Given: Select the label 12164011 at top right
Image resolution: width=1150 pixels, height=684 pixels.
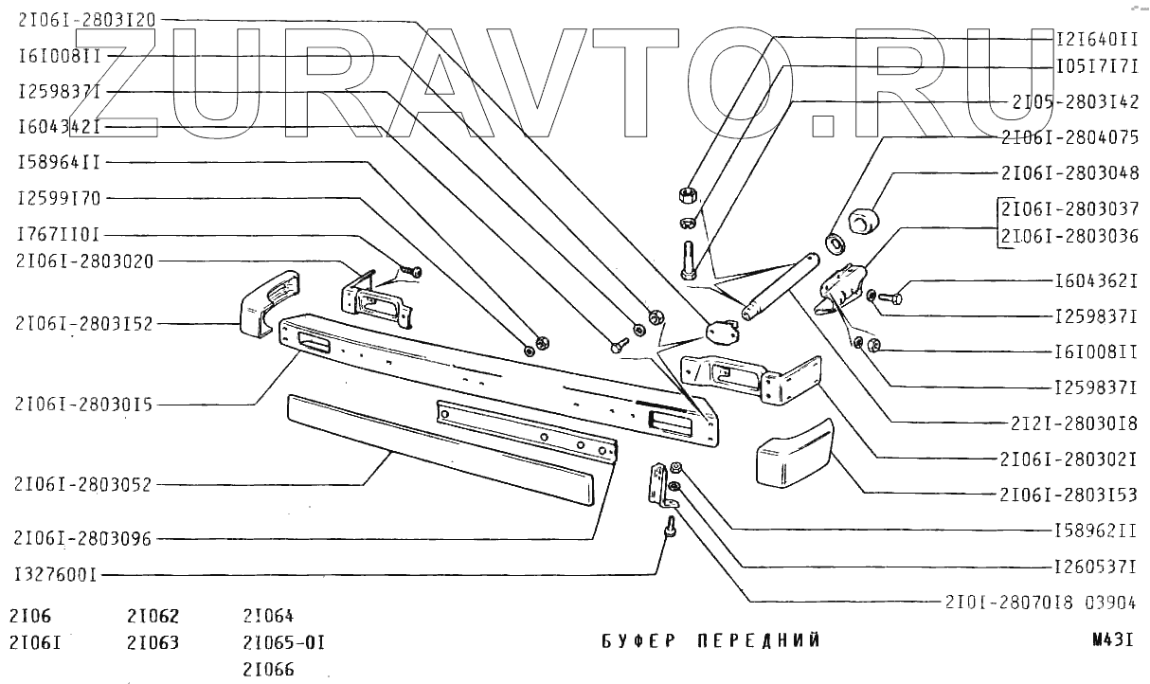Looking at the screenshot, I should coord(1097,39).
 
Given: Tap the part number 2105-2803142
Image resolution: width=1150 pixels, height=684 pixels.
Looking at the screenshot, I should coord(1074,100).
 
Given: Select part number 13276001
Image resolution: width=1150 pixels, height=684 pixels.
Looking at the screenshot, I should coord(57,574).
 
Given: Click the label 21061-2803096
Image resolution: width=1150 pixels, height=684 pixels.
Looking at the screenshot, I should coord(83,538).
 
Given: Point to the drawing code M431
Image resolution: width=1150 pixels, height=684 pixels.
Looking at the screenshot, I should coord(1112,639).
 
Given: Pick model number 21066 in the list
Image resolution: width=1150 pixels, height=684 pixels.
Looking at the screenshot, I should coord(269,670).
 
